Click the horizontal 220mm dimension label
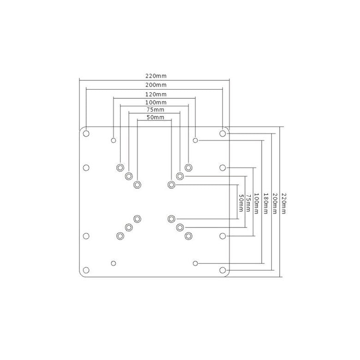(x=156, y=76)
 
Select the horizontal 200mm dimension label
(x=156, y=85)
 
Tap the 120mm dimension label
(x=156, y=94)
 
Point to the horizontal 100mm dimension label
(x=156, y=102)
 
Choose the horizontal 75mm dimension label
(x=156, y=109)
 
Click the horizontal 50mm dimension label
(x=156, y=117)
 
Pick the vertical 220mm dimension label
(x=284, y=204)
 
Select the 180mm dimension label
(x=266, y=204)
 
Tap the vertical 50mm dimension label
(x=241, y=203)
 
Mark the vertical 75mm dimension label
(x=248, y=203)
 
